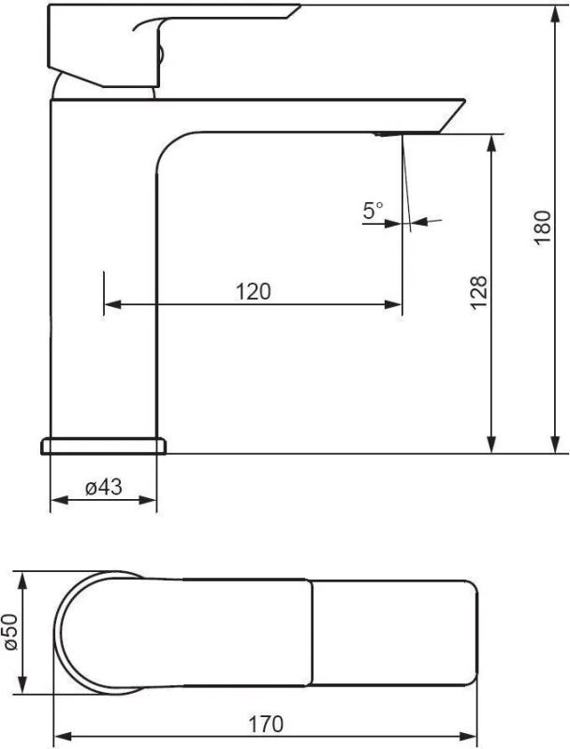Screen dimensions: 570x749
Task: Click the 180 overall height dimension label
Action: pos(543,228)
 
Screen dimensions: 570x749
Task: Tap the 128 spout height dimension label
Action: pos(479,293)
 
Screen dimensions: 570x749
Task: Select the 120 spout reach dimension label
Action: pos(253,291)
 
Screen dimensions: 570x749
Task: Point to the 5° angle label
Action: pos(373,210)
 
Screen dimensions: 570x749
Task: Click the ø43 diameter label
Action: pos(104,487)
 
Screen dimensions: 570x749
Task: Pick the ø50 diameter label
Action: pos(11,633)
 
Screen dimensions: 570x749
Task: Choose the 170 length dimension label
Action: pos(266,724)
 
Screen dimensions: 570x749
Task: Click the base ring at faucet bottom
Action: pos(104,446)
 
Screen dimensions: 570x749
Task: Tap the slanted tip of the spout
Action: pos(450,115)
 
